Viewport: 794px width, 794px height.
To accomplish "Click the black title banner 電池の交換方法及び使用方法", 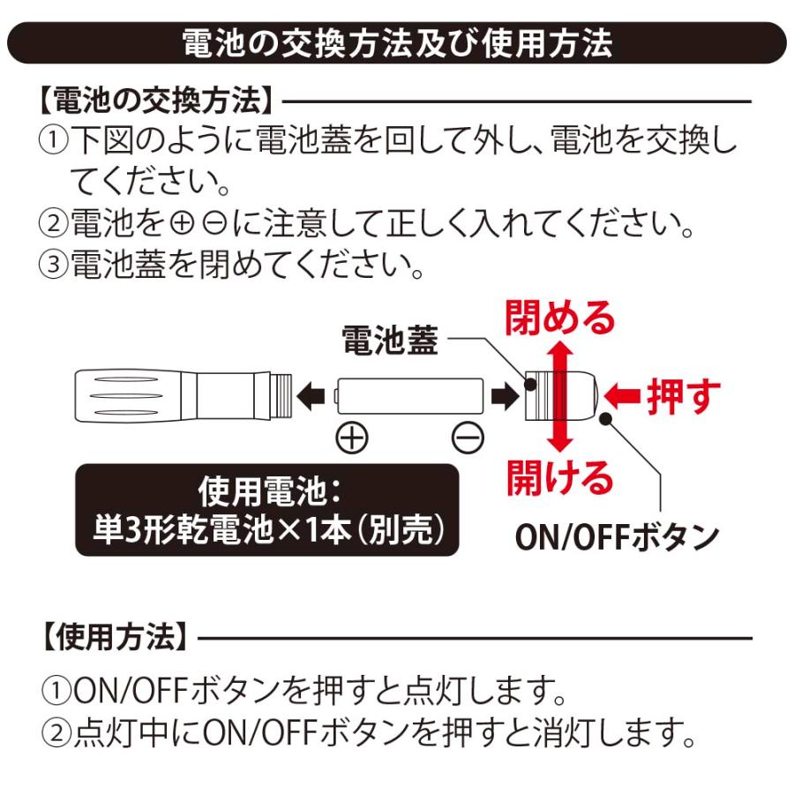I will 396,42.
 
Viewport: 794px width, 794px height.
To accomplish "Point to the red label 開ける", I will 559,476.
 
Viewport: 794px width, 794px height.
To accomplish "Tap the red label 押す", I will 683,396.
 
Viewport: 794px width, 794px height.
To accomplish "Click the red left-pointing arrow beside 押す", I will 625,396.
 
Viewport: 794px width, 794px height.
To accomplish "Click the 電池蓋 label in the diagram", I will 389,342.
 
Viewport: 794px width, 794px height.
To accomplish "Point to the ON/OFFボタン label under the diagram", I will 617,537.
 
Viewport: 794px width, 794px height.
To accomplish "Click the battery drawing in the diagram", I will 410,396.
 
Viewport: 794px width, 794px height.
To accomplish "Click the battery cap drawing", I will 562,396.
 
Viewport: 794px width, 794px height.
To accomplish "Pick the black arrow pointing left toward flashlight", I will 311,396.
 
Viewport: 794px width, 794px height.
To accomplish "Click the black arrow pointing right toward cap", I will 504,396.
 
